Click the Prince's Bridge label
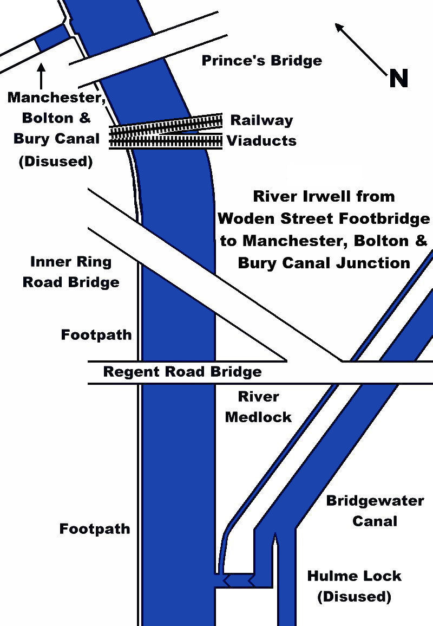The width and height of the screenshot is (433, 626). tap(261, 60)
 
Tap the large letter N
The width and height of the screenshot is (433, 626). tap(398, 79)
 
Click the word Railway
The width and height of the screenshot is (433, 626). tap(261, 120)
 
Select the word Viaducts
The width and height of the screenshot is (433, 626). tap(261, 141)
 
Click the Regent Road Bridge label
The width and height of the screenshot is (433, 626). tap(182, 372)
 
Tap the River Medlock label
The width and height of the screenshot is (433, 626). tap(258, 406)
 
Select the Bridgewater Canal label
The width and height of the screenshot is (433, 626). tap(375, 510)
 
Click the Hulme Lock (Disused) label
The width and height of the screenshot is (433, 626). tap(354, 586)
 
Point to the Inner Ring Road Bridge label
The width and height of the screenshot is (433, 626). tap(71, 272)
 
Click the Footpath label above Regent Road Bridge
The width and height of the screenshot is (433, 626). tap(96, 334)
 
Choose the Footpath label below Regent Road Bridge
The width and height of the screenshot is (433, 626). tap(95, 528)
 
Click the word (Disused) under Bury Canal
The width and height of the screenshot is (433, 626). tap(56, 162)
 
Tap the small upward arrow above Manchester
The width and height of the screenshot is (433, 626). tap(41, 74)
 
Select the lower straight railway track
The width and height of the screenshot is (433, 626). tap(166, 141)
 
